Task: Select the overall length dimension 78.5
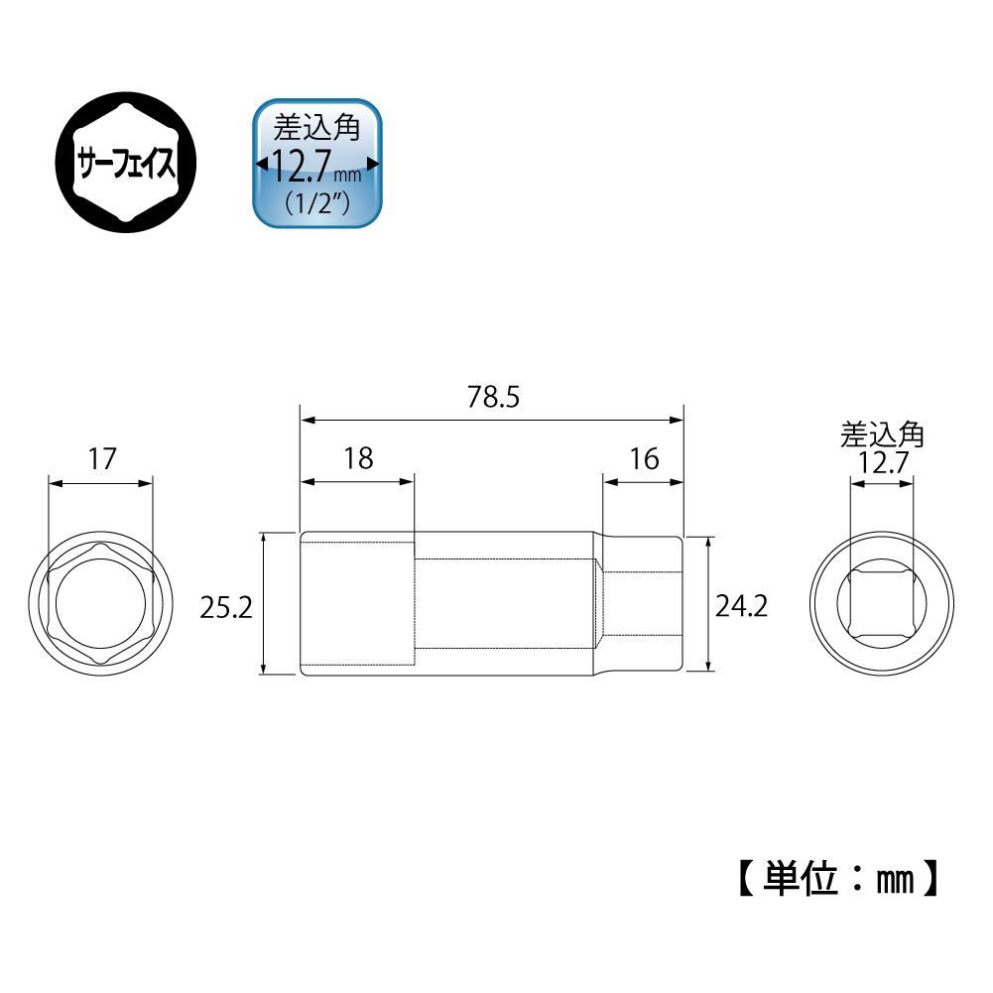pos(493,398)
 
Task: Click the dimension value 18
pos(357,459)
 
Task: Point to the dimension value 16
pos(644,459)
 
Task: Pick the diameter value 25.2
pos(226,607)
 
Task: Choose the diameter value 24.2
pos(741,607)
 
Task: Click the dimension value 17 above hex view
pos(101,459)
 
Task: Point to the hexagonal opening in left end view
pos(101,605)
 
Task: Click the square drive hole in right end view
pos(882,605)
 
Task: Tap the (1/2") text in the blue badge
pos(317,204)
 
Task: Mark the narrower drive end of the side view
pos(643,605)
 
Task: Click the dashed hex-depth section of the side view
pos(357,605)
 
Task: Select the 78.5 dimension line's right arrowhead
pos(678,420)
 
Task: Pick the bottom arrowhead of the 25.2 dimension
pos(264,670)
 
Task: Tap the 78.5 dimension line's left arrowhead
pos(308,420)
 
